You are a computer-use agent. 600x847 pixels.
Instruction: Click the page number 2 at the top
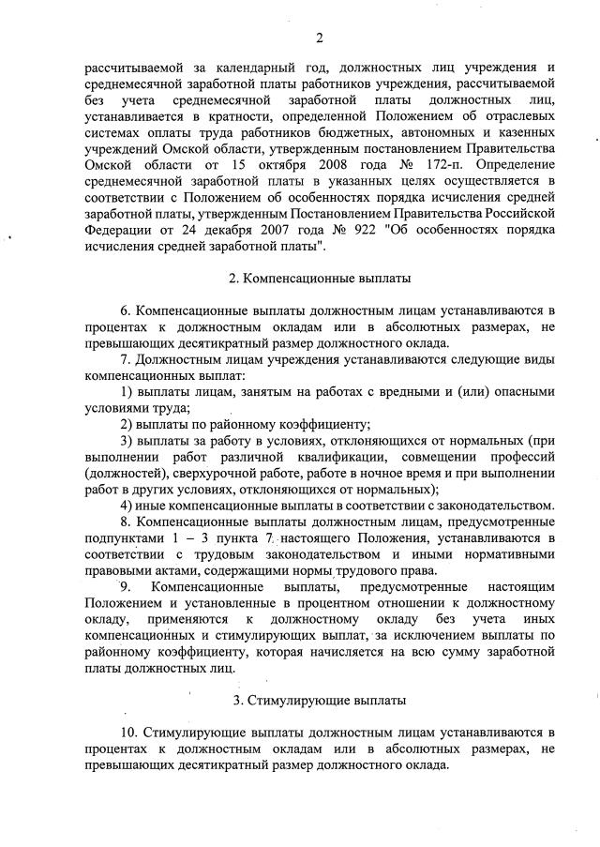pos(319,38)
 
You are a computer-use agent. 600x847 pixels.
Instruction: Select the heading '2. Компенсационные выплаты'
pos(319,280)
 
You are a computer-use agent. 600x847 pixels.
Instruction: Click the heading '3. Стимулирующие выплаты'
pos(319,700)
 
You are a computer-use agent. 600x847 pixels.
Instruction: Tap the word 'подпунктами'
pos(122,537)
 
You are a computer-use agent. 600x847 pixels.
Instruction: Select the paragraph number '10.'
pos(129,731)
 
